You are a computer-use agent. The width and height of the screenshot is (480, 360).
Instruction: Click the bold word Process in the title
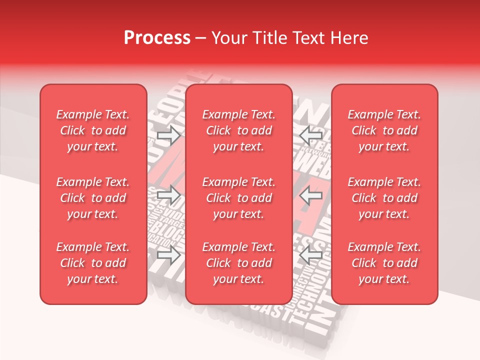coord(157,38)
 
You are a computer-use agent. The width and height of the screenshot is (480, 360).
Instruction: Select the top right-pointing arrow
coord(168,135)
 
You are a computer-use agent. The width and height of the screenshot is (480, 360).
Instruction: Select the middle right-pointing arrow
coord(168,195)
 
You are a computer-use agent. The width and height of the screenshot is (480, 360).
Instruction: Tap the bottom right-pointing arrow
coord(168,255)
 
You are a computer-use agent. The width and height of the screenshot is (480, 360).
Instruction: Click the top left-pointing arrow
coord(311,135)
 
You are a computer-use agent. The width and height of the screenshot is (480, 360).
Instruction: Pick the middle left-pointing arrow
coord(311,195)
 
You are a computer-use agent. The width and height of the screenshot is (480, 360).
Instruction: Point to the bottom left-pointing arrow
coord(311,255)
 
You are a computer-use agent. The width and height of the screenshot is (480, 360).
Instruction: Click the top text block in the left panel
coord(93,130)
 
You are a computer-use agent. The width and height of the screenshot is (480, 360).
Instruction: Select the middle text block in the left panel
coord(93,198)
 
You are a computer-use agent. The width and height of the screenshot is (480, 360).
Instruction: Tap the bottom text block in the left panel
coord(93,263)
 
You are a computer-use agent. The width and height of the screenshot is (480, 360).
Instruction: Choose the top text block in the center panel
coord(239,130)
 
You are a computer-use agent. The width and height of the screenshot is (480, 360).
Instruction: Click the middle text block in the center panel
coord(239,198)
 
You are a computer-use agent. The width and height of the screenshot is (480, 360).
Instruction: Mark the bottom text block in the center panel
coord(239,263)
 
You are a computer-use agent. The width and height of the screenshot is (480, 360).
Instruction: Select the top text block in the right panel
coord(384,130)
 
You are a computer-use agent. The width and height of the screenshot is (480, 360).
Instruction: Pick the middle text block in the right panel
coord(384,198)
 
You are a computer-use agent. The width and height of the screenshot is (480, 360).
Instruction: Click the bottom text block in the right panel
coord(384,263)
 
